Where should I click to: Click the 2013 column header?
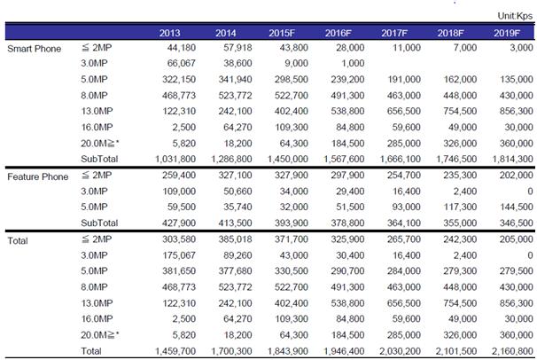click(x=171, y=33)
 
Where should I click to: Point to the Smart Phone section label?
click(x=35, y=47)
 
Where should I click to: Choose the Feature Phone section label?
click(x=37, y=176)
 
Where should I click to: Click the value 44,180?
click(x=177, y=47)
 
